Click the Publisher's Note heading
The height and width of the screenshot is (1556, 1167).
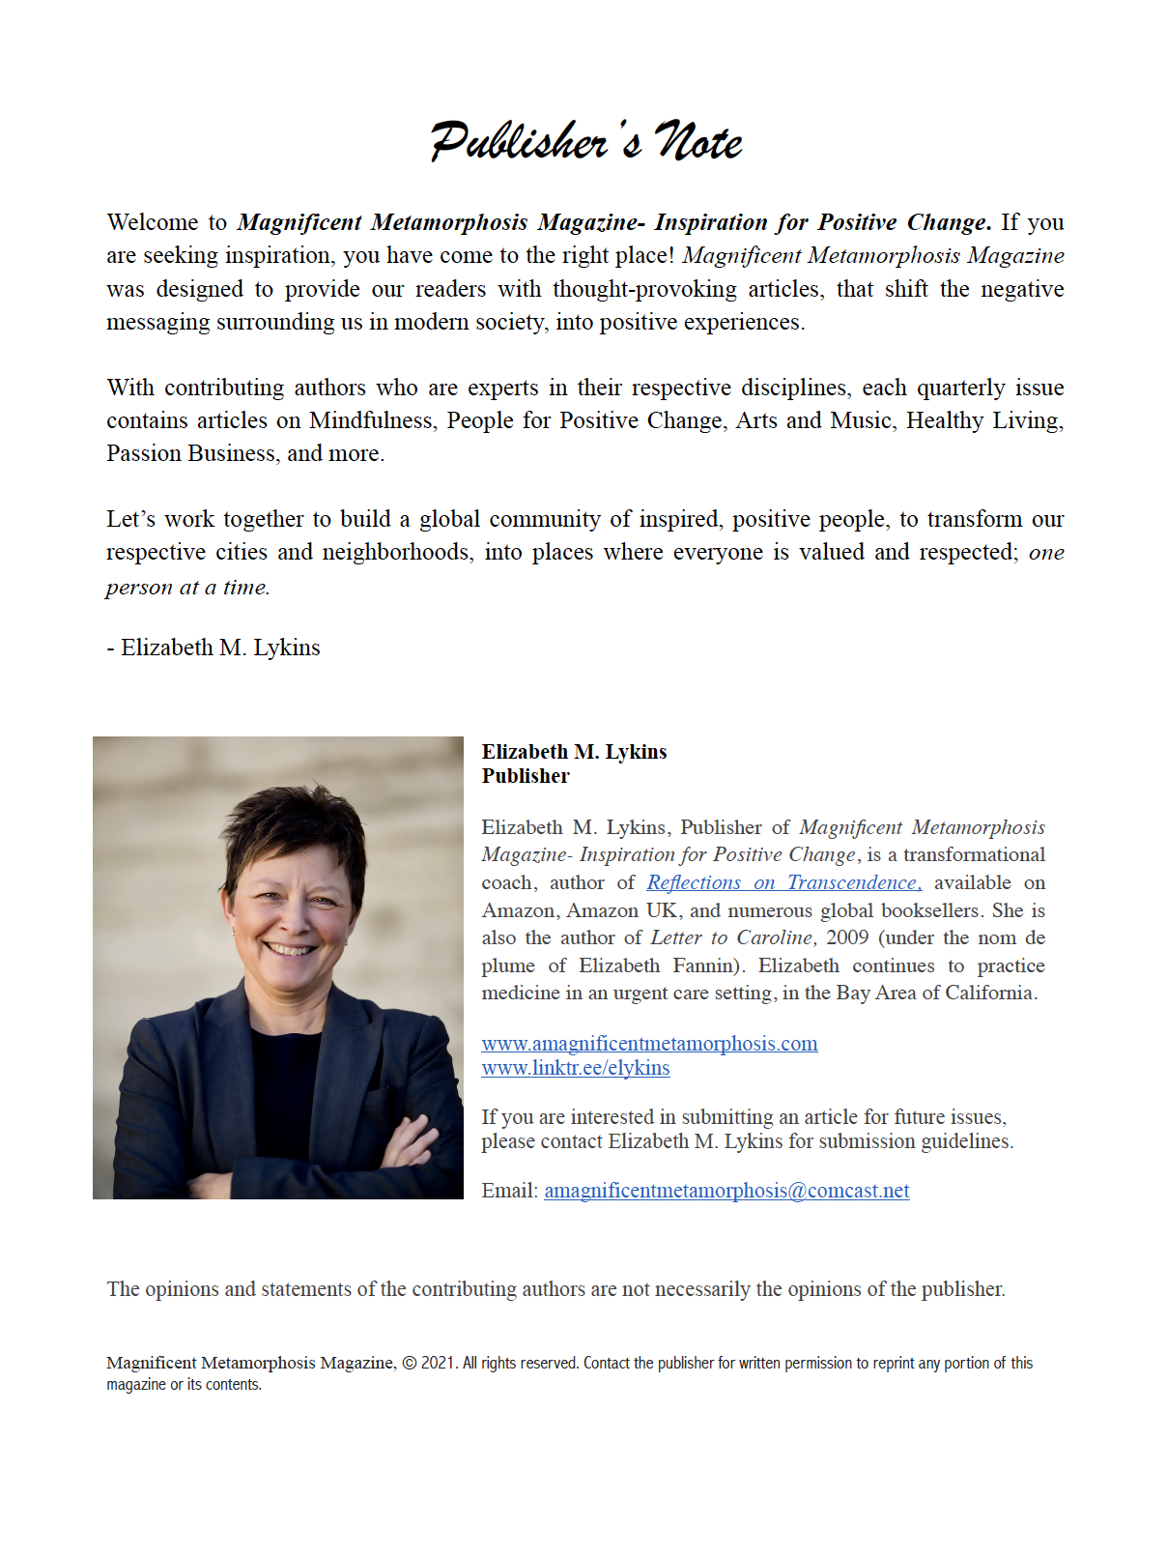(x=585, y=141)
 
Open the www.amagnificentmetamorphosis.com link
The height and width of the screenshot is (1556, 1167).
(x=649, y=1044)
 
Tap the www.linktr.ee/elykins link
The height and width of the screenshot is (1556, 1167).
(x=576, y=1068)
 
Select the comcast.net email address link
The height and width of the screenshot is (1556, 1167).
(x=726, y=1191)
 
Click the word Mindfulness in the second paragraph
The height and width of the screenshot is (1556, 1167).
(x=371, y=420)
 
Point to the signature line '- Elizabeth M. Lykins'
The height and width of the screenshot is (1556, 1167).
(x=213, y=648)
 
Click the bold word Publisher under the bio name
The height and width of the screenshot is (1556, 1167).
(x=526, y=776)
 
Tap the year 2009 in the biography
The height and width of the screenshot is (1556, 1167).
(x=847, y=937)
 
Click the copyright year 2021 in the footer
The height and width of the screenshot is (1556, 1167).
(x=438, y=1363)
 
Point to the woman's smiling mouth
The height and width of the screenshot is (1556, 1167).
(x=290, y=949)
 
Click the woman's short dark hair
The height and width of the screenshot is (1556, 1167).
(x=290, y=821)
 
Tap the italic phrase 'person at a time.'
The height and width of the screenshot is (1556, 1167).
(x=187, y=588)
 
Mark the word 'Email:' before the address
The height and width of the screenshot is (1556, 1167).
(x=509, y=1191)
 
